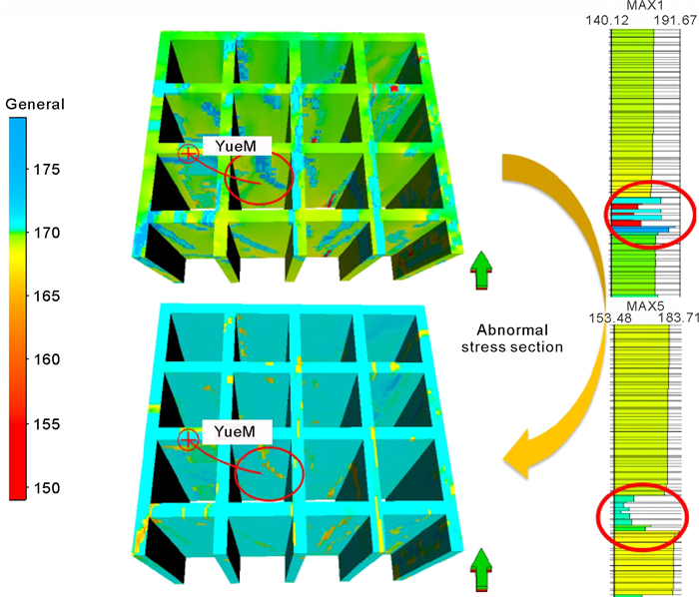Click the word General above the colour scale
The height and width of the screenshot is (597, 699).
pos(35,104)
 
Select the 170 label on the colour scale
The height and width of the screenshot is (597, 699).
pos(46,233)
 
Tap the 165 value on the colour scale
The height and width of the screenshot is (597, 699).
pos(46,296)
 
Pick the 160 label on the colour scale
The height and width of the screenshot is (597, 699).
pos(46,359)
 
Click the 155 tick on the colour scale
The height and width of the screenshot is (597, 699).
pos(46,423)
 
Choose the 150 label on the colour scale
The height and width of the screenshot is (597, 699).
pos(46,487)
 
